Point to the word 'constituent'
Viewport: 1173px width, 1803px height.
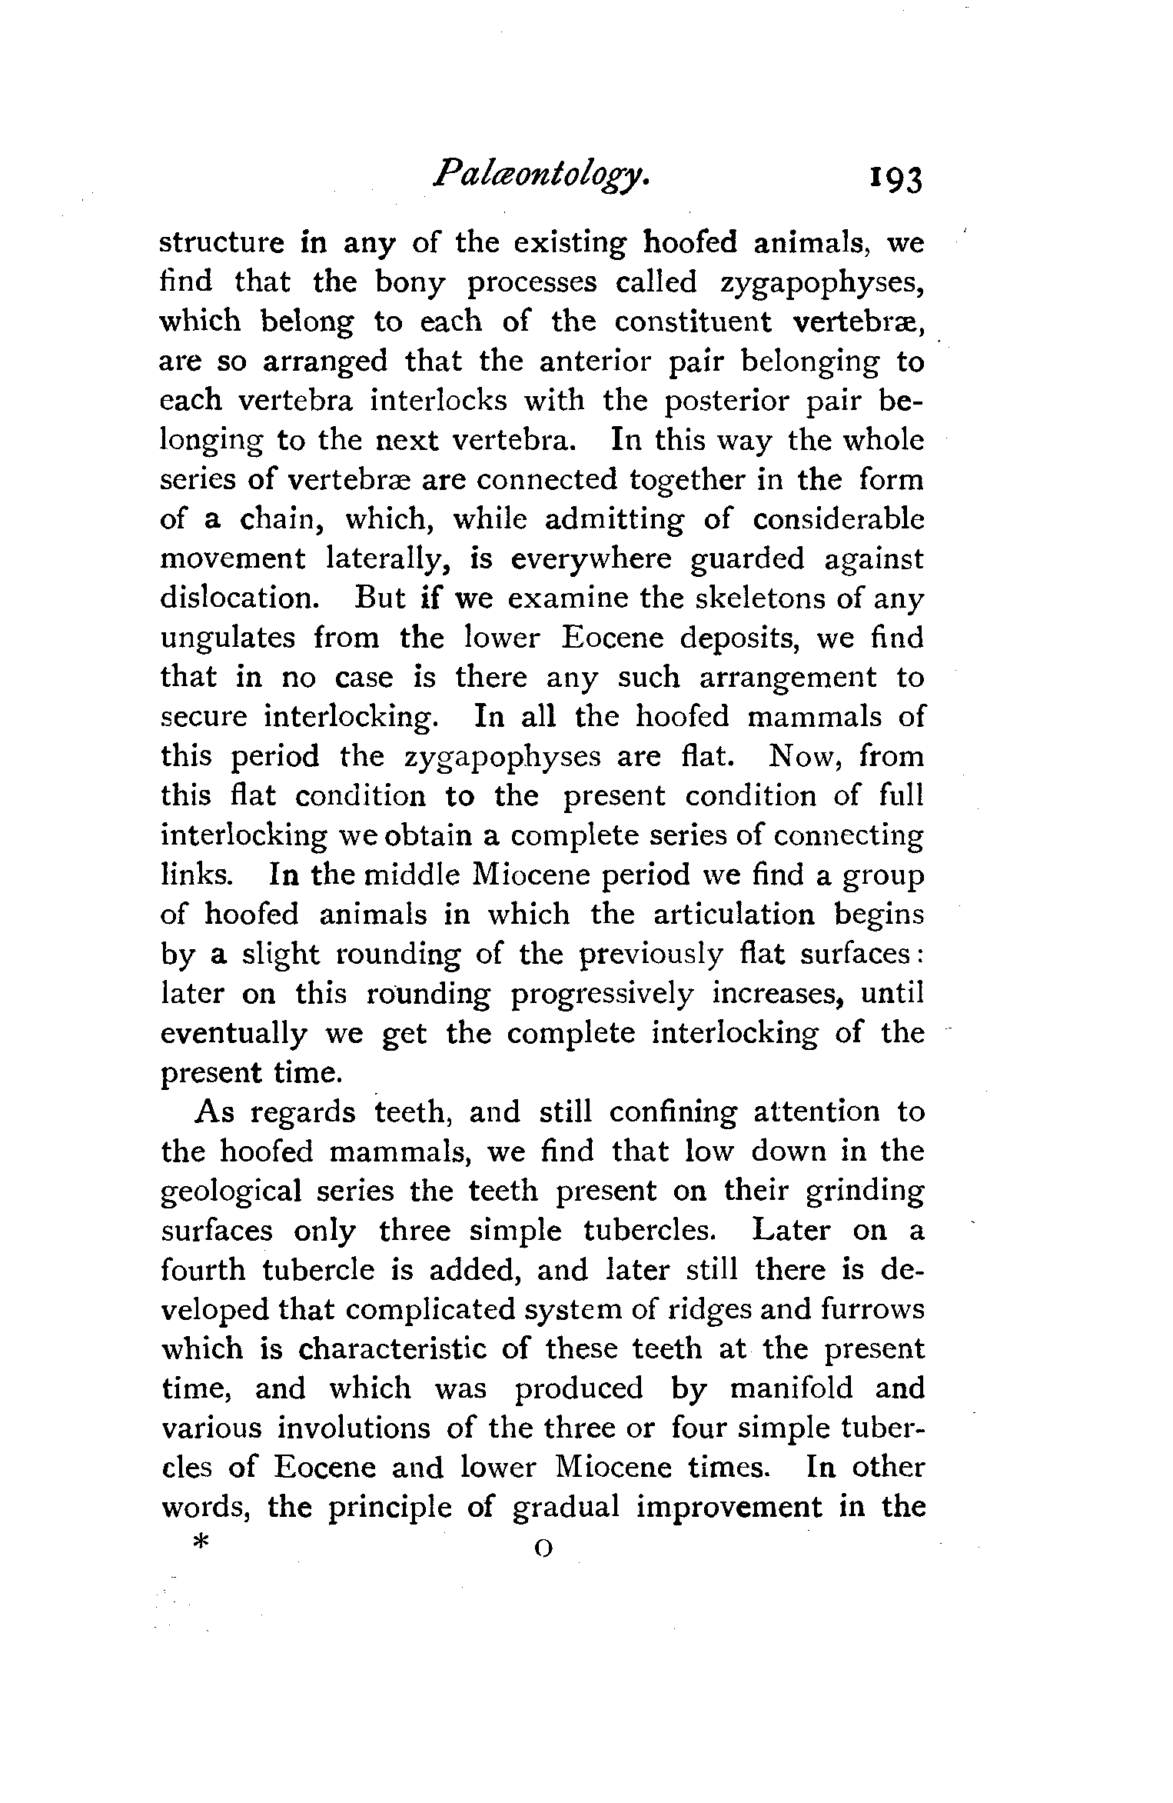click(693, 322)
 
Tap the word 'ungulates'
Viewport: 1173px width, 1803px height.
click(228, 638)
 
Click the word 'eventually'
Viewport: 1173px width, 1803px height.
click(233, 1034)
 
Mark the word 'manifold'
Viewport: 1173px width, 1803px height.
click(791, 1388)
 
